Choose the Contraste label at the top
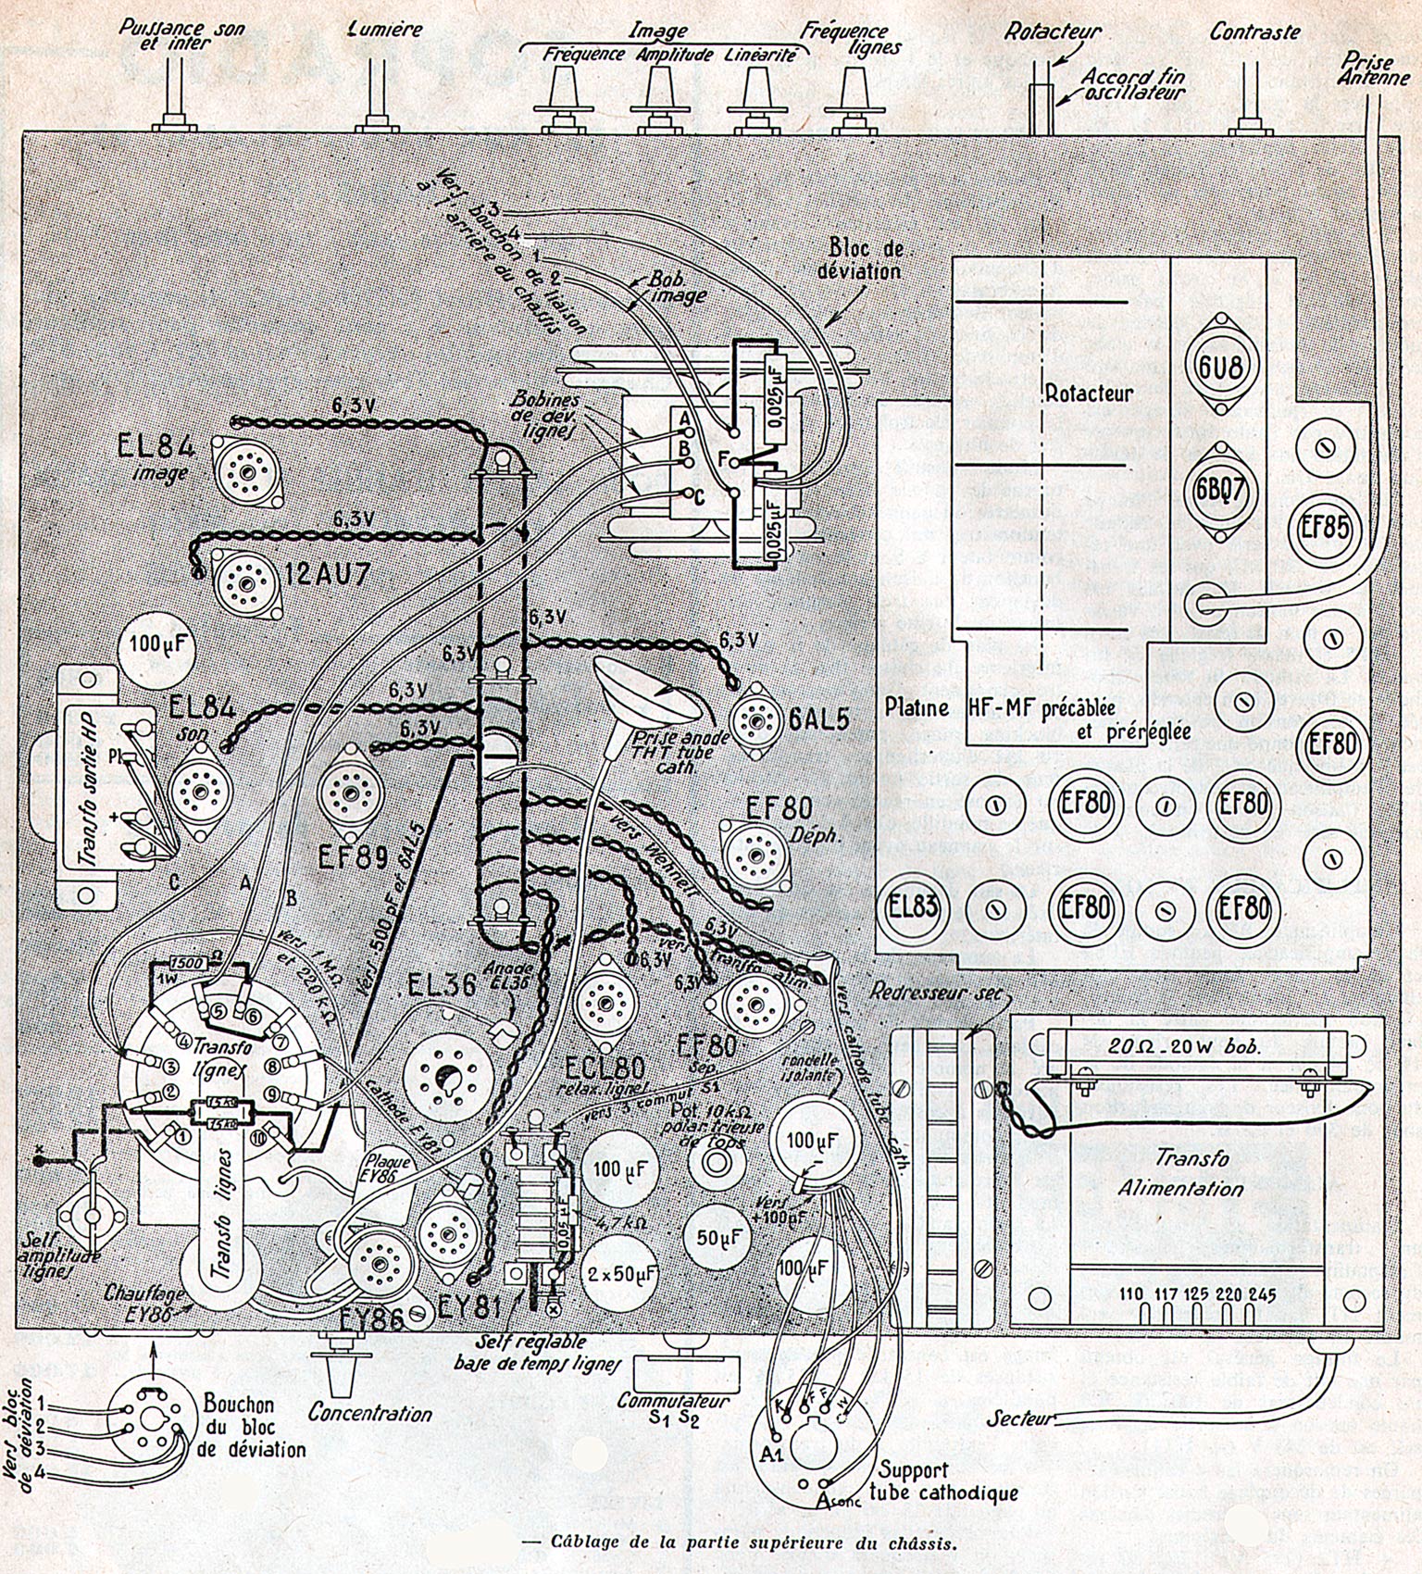1254,32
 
